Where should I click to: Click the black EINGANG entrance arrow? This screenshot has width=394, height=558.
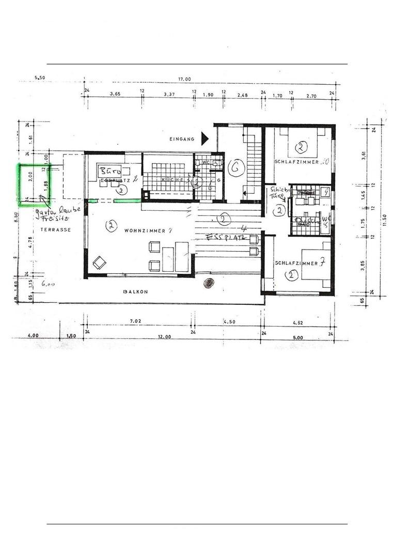point(205,138)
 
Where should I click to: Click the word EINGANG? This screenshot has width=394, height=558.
point(182,139)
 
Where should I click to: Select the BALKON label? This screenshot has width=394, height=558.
point(135,292)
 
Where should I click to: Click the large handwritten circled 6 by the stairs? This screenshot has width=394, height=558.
point(237,168)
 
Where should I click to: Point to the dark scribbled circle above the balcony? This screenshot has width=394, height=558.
point(209,283)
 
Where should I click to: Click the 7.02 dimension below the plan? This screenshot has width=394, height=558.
point(135,321)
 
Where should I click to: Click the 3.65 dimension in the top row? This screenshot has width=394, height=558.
point(115,95)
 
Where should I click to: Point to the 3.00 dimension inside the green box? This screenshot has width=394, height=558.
point(31,177)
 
